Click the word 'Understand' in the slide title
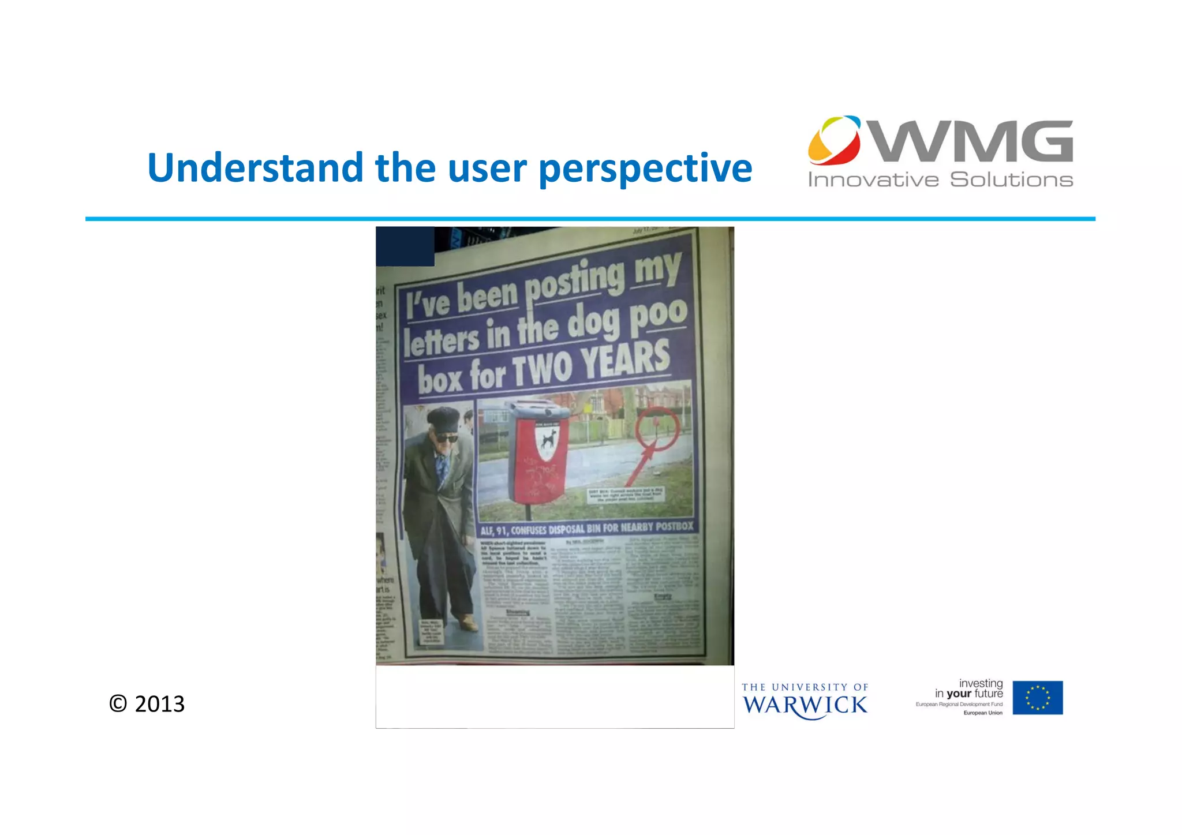(255, 168)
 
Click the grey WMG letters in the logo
(973, 141)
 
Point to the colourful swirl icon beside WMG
(835, 140)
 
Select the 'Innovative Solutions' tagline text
(940, 180)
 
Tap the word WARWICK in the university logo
(805, 705)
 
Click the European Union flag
(1037, 698)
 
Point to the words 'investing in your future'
(970, 688)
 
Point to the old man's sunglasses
(446, 438)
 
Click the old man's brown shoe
(467, 623)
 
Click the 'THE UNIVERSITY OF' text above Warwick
(805, 687)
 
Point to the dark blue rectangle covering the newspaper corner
(405, 246)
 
